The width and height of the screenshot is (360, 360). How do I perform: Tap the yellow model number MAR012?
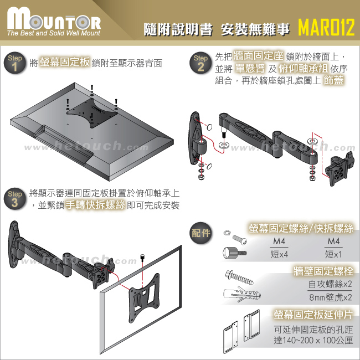coord(326,27)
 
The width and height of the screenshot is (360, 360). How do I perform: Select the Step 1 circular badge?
coord(15,63)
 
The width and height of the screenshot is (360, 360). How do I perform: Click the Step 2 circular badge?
coord(200,63)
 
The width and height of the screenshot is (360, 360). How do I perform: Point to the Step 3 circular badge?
coord(15,198)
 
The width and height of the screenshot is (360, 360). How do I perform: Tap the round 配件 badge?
coord(201,233)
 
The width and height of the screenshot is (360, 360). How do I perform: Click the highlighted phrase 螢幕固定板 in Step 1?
coord(65,62)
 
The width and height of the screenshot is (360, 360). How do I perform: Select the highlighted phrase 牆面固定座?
coord(258,55)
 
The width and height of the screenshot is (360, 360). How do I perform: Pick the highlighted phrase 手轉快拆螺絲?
coord(95,205)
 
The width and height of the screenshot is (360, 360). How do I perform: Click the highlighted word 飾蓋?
coord(333,80)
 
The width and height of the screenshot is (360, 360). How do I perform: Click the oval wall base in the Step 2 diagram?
coord(195,138)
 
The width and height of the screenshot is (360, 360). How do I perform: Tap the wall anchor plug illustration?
coord(242,294)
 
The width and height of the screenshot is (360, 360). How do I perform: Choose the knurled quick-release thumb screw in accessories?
coord(234,253)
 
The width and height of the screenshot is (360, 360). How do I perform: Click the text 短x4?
coord(279,254)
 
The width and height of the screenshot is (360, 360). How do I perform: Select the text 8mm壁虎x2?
coord(330,297)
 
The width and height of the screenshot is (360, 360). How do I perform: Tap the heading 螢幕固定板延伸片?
coord(313,315)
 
